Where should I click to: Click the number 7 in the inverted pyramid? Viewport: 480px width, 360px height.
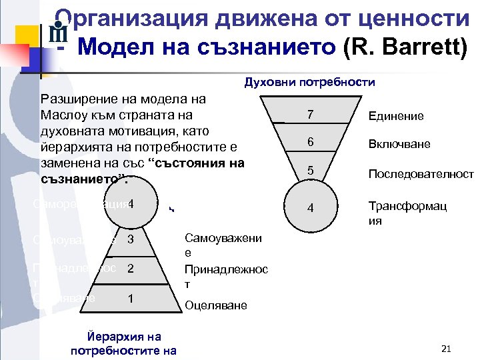pos(311,115)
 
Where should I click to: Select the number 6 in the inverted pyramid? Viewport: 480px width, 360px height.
pos(311,142)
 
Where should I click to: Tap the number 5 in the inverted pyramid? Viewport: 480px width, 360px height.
pos(311,171)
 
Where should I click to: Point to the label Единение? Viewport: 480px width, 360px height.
pos(396,116)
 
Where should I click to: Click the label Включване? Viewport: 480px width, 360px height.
pos(399,144)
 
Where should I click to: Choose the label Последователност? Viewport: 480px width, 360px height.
pos(421,174)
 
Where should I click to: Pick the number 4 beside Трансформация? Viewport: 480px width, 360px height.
pos(311,209)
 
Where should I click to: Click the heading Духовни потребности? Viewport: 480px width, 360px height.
pos(310,83)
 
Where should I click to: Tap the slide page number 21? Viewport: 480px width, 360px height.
pos(447,349)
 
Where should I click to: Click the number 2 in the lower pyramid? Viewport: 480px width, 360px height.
pos(131,269)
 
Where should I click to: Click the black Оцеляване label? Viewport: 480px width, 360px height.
pos(215,305)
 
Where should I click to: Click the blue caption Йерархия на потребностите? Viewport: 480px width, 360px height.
pos(123,343)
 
